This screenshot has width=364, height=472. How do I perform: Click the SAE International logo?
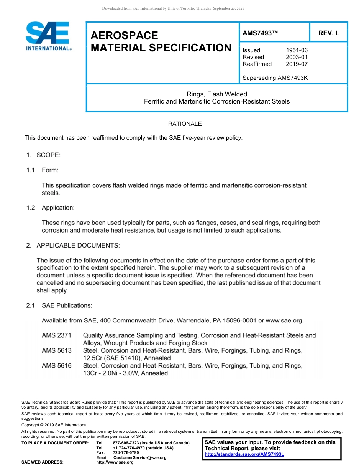point(48,36)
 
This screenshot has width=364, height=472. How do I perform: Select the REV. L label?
point(329,33)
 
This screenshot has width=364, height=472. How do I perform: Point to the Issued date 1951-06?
point(297,50)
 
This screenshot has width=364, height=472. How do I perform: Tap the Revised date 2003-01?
point(297,57)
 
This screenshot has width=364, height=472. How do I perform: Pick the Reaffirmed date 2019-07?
point(297,64)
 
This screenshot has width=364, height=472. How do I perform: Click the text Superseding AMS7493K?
point(275,78)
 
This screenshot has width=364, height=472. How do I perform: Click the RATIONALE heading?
point(185,124)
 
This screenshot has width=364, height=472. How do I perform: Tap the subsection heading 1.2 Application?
point(50,208)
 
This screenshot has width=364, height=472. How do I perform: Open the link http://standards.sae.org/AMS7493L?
point(244,455)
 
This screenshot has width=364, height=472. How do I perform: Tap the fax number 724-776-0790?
point(126,452)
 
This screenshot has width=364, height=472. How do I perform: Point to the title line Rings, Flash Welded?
point(217,94)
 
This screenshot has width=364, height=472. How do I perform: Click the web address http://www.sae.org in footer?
point(115,462)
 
